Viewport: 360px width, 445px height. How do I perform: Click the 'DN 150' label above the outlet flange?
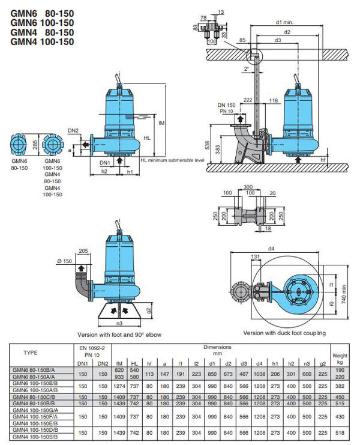click(226, 105)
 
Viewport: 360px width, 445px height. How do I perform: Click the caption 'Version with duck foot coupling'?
click(284, 333)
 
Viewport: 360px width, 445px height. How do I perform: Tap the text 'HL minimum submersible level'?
click(172, 161)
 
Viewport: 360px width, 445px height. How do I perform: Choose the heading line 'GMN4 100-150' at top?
click(41, 42)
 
